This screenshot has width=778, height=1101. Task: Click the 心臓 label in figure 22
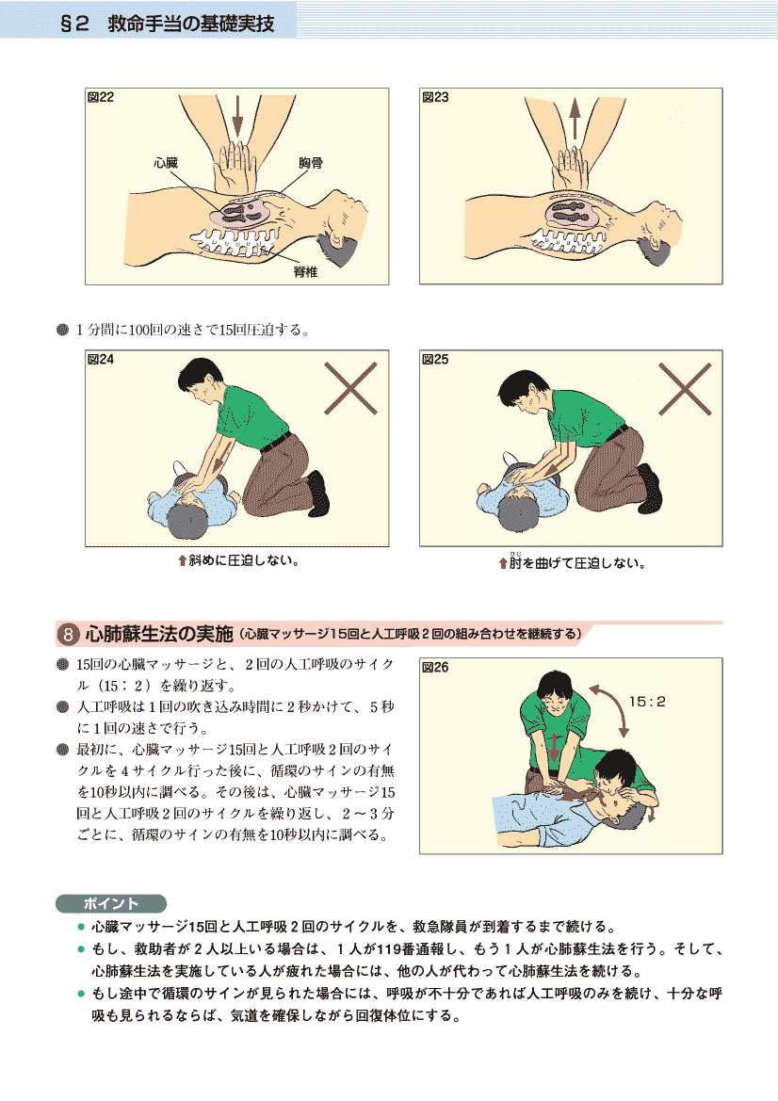coord(166,163)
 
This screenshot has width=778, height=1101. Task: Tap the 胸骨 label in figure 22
coord(310,163)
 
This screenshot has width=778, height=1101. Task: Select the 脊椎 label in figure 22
coord(305,272)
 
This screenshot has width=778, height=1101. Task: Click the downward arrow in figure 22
coord(237,116)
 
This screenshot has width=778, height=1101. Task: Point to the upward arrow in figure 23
coord(575,118)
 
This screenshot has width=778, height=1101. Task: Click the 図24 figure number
coord(101,360)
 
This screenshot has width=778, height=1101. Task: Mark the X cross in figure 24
coord(351,388)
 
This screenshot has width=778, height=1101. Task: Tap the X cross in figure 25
coord(686,389)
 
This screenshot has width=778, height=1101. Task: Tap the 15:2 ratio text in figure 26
coord(647,702)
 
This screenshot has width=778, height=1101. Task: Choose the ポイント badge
coord(111,903)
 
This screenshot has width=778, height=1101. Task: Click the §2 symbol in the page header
coord(74,24)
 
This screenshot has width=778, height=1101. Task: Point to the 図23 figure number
coord(435,97)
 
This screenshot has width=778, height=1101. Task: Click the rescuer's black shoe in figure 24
coord(318,493)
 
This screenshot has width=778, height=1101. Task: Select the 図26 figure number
coord(434,667)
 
